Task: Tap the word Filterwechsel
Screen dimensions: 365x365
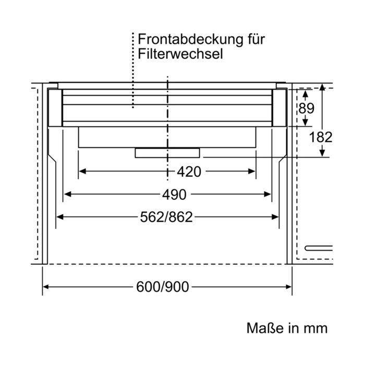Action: tap(180, 54)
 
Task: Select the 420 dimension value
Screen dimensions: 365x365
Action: tap(189, 172)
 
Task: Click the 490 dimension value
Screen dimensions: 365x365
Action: tap(174, 194)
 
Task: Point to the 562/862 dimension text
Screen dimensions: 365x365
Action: tap(166, 217)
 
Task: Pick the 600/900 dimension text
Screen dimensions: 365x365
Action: tap(163, 287)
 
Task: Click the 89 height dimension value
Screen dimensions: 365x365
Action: tap(306, 108)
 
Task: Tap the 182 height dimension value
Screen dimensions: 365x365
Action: tap(320, 137)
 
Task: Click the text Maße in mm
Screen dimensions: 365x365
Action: tap(287, 328)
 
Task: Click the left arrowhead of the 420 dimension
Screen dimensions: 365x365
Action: tap(82, 172)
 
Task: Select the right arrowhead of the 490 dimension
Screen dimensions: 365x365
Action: tap(267, 194)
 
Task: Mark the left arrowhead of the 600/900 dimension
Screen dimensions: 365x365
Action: tap(46, 287)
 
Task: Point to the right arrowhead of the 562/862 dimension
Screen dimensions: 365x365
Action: tap(275, 217)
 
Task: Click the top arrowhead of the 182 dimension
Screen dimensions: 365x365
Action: tap(322, 87)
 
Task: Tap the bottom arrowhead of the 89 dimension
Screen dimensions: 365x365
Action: tap(306, 123)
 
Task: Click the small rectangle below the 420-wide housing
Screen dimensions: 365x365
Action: tap(167, 153)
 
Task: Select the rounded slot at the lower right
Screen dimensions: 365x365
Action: tap(319, 248)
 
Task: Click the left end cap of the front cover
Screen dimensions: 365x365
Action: tap(55, 108)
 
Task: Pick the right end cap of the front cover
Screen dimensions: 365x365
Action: tap(279, 108)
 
